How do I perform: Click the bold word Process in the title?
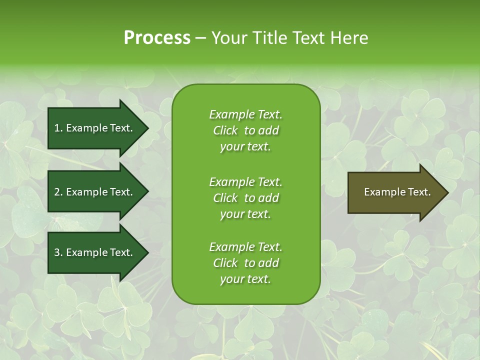tap(157, 38)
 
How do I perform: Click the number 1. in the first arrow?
tap(58, 128)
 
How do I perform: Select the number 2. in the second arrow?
tap(58, 192)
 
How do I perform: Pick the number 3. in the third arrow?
tap(58, 252)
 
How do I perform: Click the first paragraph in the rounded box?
tap(245, 130)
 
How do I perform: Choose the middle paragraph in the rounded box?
tap(245, 198)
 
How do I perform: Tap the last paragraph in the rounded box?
tap(245, 263)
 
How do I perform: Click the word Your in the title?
tap(228, 38)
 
